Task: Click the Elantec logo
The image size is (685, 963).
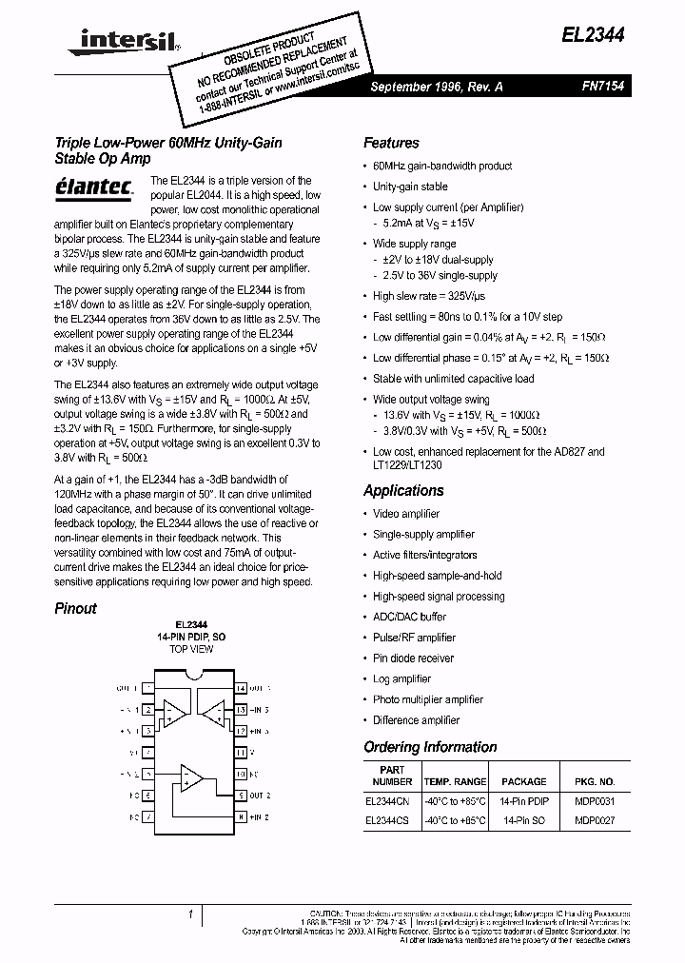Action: [x=93, y=187]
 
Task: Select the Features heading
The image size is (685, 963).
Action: [x=391, y=143]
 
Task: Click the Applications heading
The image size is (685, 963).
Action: [x=403, y=490]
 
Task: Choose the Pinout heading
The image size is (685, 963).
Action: [x=75, y=608]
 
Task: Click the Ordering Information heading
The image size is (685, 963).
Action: [x=430, y=747]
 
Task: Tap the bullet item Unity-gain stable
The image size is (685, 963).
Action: [x=409, y=187]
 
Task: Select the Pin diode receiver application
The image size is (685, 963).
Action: [x=413, y=658]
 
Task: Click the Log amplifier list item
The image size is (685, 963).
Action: [x=401, y=679]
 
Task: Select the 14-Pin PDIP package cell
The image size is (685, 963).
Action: [x=523, y=802]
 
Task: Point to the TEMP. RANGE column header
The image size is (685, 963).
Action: [x=455, y=781]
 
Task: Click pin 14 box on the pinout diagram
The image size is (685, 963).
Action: [x=241, y=688]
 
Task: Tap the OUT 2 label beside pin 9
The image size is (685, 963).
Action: [x=261, y=795]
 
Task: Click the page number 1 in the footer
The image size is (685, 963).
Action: [x=191, y=914]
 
